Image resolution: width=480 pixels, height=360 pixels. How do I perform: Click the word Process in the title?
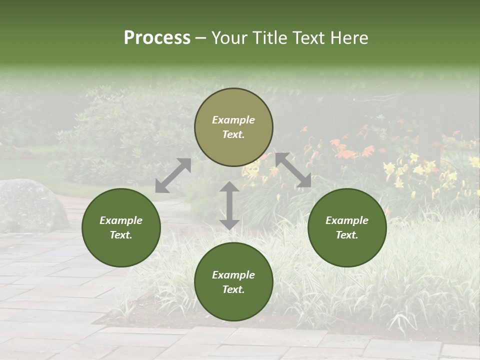pos(157,38)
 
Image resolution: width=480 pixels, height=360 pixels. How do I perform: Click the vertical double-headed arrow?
pos(229,205)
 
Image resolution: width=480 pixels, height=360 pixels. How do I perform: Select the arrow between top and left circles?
pos(173,175)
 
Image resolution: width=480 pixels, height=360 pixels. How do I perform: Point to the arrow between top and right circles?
pos(293,170)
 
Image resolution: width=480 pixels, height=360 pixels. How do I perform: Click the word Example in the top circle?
pos(233,120)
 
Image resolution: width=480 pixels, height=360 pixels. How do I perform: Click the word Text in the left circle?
pos(121,235)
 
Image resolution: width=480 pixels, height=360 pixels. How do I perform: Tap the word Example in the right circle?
pos(347,220)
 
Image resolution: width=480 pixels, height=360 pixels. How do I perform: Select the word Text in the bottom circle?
pos(233,289)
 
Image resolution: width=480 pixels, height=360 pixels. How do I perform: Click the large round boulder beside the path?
pos(30,205)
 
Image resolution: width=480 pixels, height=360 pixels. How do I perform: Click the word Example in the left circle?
pos(121,220)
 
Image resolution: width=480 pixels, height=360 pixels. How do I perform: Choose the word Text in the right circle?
pos(347,235)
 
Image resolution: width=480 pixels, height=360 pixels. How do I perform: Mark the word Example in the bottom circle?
pos(233,275)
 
